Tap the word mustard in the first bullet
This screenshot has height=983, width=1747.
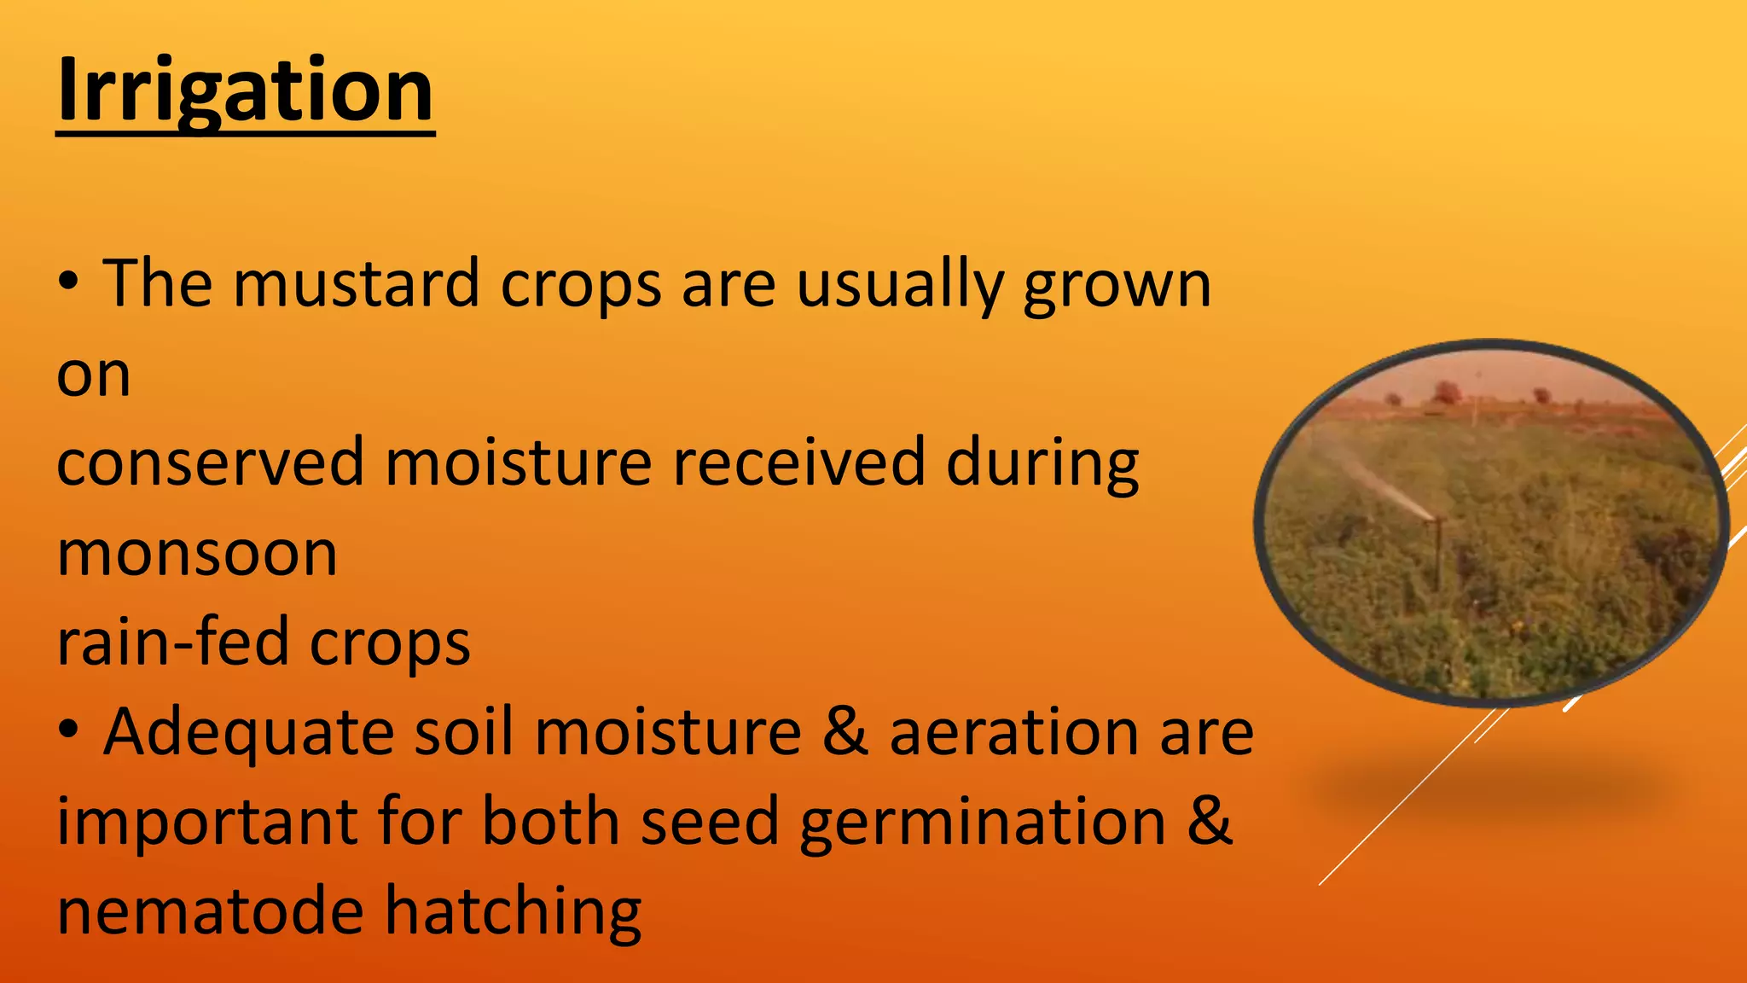click(357, 284)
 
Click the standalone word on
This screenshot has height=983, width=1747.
click(94, 375)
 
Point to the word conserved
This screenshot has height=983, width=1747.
click(210, 462)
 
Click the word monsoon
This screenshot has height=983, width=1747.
click(197, 554)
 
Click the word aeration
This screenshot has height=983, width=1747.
click(1013, 732)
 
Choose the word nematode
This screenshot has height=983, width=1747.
click(210, 911)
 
